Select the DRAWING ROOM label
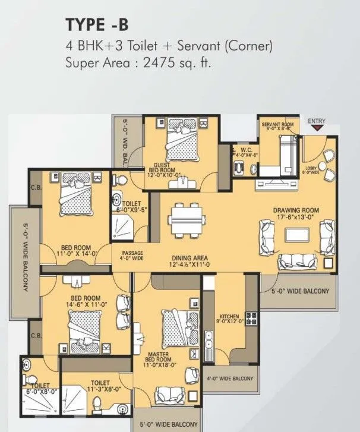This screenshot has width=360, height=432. (x=296, y=214)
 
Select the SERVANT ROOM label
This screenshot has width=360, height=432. (x=277, y=125)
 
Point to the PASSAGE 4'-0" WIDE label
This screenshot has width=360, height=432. (x=133, y=256)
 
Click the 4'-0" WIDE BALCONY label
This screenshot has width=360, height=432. (x=230, y=379)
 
